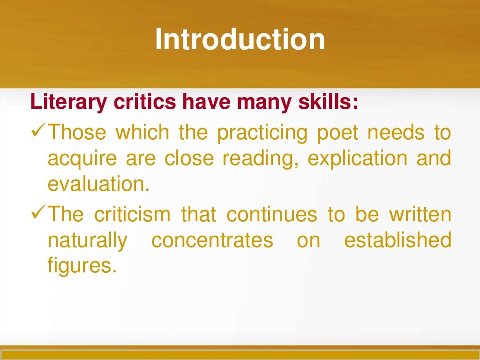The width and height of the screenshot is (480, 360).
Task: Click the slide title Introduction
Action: click(x=240, y=39)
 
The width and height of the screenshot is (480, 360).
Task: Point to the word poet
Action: click(x=334, y=133)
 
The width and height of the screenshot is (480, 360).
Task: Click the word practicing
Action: click(x=258, y=133)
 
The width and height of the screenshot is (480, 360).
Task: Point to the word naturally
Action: click(x=87, y=241)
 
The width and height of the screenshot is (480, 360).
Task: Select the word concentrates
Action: click(x=212, y=241)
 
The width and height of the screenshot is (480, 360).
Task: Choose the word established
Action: click(x=397, y=241)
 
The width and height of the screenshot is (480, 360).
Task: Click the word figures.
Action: click(x=81, y=267)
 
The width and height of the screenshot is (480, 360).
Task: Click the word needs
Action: click(x=395, y=133)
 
